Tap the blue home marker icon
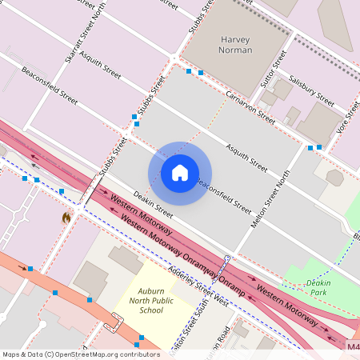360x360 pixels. tap(180, 172)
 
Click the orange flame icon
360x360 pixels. tap(66, 217)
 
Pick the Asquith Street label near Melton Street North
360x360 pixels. tap(246, 158)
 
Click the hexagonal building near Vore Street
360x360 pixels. tap(335, 178)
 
